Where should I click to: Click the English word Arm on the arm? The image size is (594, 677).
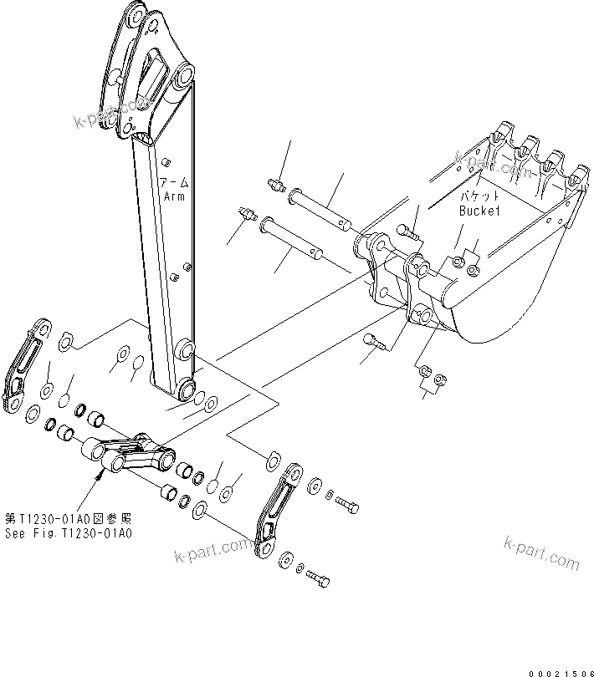click(x=174, y=196)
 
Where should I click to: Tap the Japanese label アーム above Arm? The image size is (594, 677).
click(x=176, y=182)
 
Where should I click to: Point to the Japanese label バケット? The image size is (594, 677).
click(x=479, y=196)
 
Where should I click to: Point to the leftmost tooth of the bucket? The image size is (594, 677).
click(x=502, y=133)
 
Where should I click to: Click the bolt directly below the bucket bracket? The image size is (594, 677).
click(x=372, y=339)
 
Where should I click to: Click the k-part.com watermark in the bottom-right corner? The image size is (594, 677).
click(x=541, y=552)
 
